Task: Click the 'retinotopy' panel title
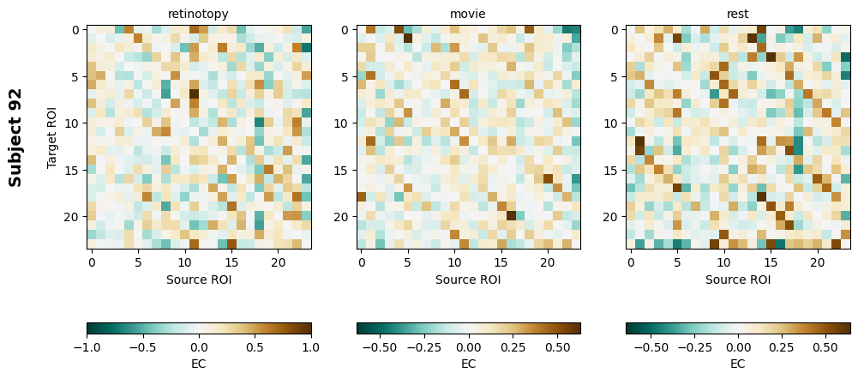[199, 14]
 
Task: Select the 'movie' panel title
[468, 14]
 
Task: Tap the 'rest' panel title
[738, 14]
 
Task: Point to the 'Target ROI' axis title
[52, 137]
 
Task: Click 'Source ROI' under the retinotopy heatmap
[199, 280]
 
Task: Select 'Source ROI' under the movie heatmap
[468, 280]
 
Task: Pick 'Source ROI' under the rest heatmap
[738, 280]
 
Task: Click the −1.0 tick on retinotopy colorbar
[87, 347]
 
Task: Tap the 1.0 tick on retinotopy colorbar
[311, 347]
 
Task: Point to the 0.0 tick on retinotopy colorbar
[199, 347]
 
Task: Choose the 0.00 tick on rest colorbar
[738, 347]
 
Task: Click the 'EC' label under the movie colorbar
[468, 364]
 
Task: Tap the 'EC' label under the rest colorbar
[738, 364]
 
